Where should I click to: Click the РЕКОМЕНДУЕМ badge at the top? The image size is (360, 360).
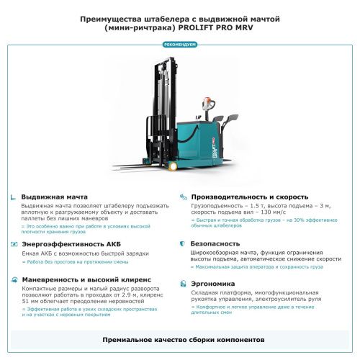[x=180, y=44]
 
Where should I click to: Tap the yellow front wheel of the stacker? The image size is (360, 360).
[x=173, y=166]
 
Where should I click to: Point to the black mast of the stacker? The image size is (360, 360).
[x=160, y=108]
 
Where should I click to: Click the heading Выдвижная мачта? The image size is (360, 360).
[x=55, y=197]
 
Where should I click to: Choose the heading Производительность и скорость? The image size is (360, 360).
[x=249, y=197]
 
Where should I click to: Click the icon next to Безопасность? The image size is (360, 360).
[x=183, y=244]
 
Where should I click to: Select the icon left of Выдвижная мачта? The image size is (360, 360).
[x=13, y=197]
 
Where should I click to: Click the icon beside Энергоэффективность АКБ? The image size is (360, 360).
[x=13, y=244]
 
